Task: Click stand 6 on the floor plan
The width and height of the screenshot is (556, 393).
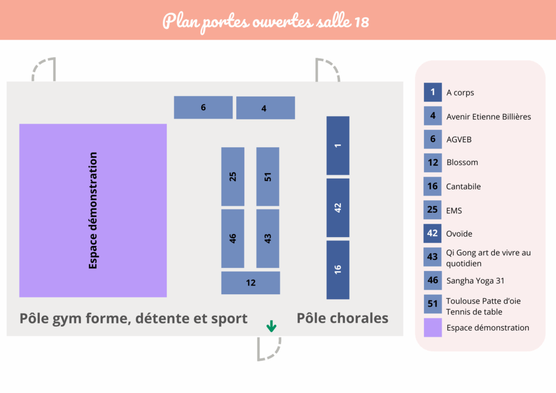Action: point(203,107)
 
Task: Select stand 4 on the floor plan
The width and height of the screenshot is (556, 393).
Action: point(266,107)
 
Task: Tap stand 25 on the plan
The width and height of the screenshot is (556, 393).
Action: point(232,176)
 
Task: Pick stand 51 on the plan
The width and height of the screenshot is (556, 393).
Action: point(268,176)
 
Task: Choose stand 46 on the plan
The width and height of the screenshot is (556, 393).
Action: point(232,238)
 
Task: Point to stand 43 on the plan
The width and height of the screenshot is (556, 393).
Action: point(268,238)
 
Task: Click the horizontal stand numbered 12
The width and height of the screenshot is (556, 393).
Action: point(251,283)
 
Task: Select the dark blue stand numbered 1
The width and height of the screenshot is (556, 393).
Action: point(338,145)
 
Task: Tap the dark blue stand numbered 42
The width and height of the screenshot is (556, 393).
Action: point(338,208)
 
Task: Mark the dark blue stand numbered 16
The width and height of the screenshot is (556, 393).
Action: point(338,270)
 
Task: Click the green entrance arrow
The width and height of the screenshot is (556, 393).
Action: point(271,326)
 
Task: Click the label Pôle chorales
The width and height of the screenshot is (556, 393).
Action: point(343,318)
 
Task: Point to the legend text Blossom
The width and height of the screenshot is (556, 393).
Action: point(462,162)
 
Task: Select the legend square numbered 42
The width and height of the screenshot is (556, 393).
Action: point(433,233)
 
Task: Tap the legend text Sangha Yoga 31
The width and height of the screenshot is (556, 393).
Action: point(475,281)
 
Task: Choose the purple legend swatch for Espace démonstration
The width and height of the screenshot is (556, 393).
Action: point(433,327)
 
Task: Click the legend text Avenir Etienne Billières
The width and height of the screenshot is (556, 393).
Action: point(489,117)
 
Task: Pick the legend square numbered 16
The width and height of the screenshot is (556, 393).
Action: point(433,186)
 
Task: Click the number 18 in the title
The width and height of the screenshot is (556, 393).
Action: point(361,22)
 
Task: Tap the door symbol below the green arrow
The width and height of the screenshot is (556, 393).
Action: point(269,349)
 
